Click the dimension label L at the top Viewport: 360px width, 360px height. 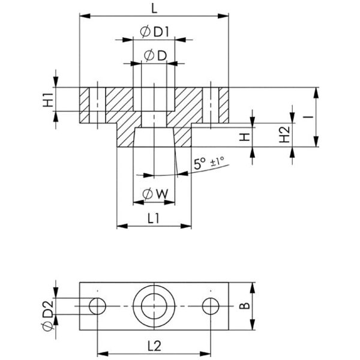155,8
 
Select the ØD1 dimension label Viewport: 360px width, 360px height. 155,31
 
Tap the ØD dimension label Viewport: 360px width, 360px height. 154,55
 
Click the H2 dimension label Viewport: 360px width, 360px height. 285,135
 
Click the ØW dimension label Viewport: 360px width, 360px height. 154,193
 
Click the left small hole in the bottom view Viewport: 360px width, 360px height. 97,306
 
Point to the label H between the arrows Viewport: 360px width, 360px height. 244,137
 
